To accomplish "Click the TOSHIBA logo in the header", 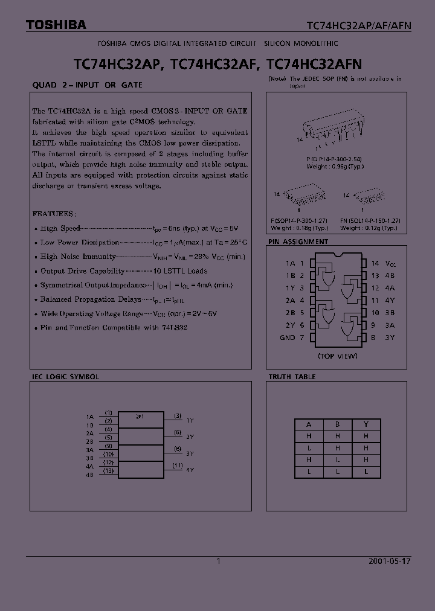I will [x=56, y=25].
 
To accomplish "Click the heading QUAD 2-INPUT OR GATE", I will [x=87, y=85].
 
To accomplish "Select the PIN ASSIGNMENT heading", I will [x=298, y=242].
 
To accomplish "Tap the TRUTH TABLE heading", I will [x=292, y=377].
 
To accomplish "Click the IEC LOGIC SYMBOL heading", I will [x=65, y=377].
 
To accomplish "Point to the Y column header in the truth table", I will [x=366, y=424].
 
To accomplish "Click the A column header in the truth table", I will [x=309, y=424].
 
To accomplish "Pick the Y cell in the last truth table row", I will [x=366, y=472].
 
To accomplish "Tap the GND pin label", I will [x=288, y=337].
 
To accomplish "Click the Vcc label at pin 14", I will [x=391, y=264].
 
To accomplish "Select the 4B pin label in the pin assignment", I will [x=390, y=276].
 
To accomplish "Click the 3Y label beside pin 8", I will [x=390, y=337].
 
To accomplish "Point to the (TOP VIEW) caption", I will [x=338, y=356].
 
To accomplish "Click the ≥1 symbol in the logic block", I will [x=140, y=416].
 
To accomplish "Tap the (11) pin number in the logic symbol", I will [x=178, y=465].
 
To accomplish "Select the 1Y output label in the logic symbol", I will [x=190, y=420].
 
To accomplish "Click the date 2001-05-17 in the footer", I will [x=389, y=561].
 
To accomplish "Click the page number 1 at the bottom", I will [x=219, y=561].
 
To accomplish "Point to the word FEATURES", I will [x=54, y=214].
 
